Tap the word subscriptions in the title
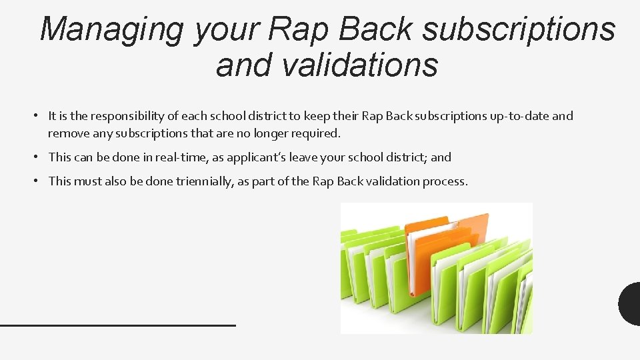[519, 29]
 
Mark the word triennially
[205, 181]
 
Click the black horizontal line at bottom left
[118, 325]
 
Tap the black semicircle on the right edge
[631, 304]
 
